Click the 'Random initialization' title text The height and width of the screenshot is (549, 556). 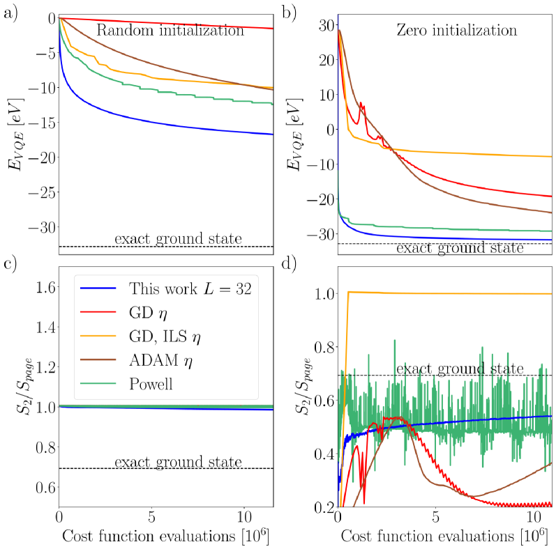(x=170, y=31)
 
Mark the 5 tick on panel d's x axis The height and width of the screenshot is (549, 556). (x=435, y=519)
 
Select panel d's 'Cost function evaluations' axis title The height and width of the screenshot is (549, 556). (x=444, y=536)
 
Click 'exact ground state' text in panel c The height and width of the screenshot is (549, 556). (x=178, y=461)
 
